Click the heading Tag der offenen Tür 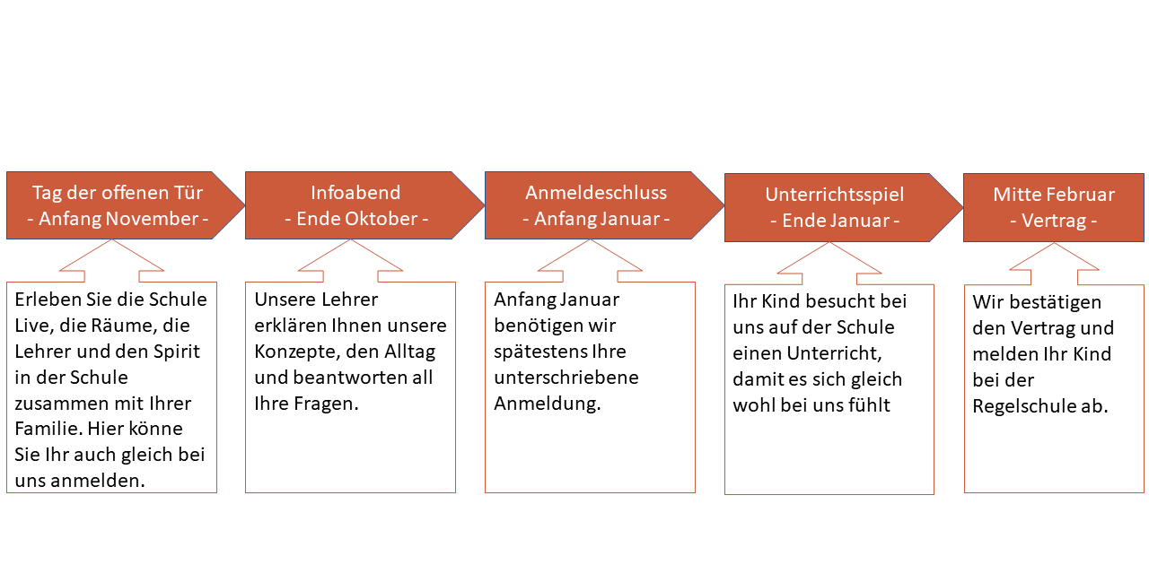(118, 193)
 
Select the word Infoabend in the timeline (355, 193)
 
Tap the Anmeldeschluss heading (596, 193)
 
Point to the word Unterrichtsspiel (835, 196)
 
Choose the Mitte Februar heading (1054, 195)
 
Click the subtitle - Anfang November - (118, 219)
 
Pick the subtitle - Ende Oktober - (356, 219)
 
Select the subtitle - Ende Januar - (835, 221)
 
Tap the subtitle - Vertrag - (1054, 221)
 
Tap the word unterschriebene (566, 378)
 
